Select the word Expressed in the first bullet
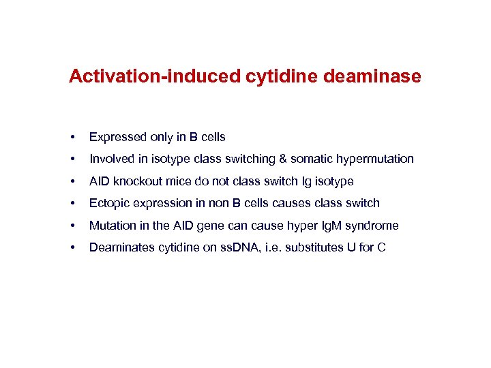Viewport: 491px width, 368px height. pos(117,137)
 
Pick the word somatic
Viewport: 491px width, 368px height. pos(310,159)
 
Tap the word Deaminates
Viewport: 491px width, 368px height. pos(119,247)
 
